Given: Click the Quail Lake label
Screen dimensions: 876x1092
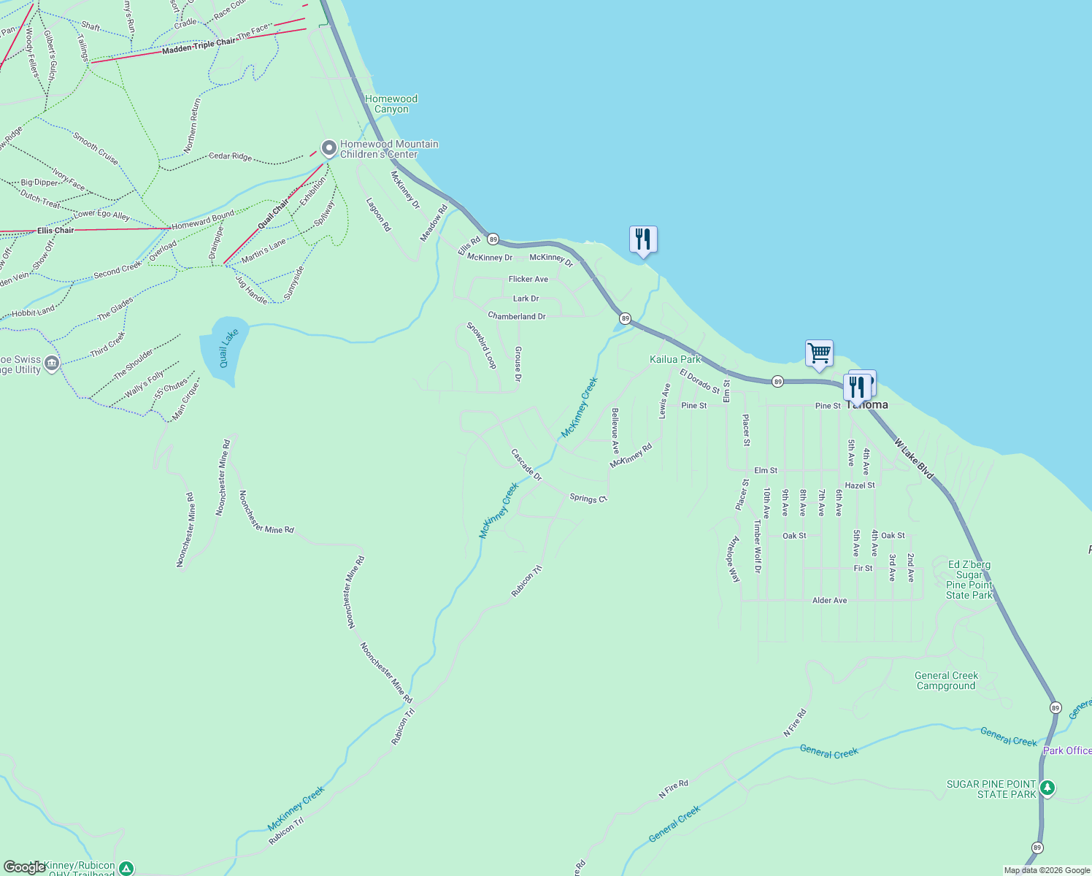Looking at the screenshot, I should (x=229, y=348).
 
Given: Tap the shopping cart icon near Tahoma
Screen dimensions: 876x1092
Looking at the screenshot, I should (x=819, y=353).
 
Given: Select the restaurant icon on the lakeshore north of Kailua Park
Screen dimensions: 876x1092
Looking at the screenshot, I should (x=643, y=239).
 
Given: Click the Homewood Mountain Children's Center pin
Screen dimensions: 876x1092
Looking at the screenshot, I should (x=329, y=148).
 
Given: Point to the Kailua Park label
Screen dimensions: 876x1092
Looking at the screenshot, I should (x=675, y=359).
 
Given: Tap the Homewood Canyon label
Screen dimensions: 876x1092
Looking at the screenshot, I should (x=391, y=104).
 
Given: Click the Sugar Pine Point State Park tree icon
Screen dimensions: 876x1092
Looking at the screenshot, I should (x=1047, y=788).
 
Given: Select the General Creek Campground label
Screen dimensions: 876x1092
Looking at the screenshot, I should (x=946, y=680).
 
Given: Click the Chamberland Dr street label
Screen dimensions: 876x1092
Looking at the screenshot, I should (x=517, y=317).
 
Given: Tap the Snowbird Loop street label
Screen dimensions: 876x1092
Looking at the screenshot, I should (x=482, y=345).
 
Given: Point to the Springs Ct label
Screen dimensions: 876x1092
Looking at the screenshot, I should (x=588, y=498).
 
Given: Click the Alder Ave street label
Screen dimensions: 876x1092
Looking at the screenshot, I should (x=830, y=600).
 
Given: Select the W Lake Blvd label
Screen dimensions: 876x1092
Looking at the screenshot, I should (x=913, y=460).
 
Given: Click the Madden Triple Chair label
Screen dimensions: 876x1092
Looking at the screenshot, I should (x=199, y=46).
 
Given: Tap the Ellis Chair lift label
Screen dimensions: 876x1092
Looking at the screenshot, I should (x=55, y=231).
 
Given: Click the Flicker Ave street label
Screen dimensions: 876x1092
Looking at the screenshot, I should (x=528, y=280).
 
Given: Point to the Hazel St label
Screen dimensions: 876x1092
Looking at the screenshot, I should (x=860, y=485).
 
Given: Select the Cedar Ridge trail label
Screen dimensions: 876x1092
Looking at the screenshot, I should (x=230, y=156).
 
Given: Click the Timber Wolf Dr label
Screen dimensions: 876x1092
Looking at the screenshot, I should (x=758, y=547).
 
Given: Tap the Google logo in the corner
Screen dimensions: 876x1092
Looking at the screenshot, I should (x=24, y=867).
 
